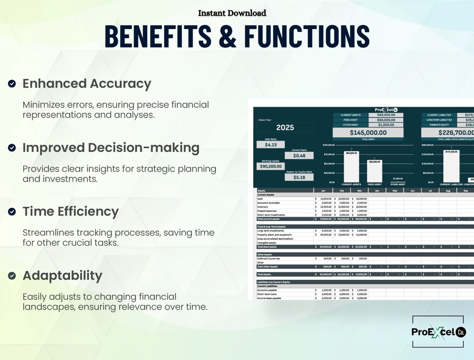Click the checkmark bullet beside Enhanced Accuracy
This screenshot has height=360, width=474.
click(x=12, y=84)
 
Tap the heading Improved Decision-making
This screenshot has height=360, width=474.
click(x=111, y=148)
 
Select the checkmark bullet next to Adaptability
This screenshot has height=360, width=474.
click(x=12, y=276)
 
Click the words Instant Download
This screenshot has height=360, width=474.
click(x=232, y=13)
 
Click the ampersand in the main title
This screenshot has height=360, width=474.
click(x=227, y=36)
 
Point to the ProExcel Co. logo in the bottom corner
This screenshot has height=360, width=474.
click(x=438, y=332)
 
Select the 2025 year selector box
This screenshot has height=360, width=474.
click(x=285, y=128)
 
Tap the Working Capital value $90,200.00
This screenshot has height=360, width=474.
click(x=271, y=166)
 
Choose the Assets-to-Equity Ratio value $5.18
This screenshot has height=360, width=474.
click(x=299, y=178)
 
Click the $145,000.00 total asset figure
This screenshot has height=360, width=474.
click(x=368, y=133)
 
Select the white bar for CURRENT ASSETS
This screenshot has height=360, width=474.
click(x=351, y=167)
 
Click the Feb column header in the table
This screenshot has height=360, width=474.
click(x=341, y=190)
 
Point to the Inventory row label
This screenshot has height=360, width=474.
click(x=263, y=207)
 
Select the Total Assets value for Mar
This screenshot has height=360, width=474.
click(x=359, y=274)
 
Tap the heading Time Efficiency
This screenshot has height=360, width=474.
click(x=70, y=211)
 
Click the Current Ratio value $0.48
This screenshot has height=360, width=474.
click(x=299, y=155)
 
